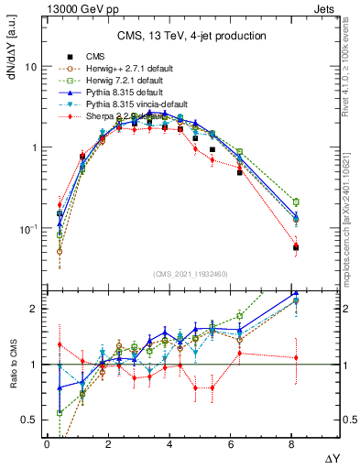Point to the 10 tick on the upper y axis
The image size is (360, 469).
tap(31, 68)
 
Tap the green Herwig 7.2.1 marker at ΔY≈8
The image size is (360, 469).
tap(295, 202)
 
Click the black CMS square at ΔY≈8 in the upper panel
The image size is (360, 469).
tap(295, 247)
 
